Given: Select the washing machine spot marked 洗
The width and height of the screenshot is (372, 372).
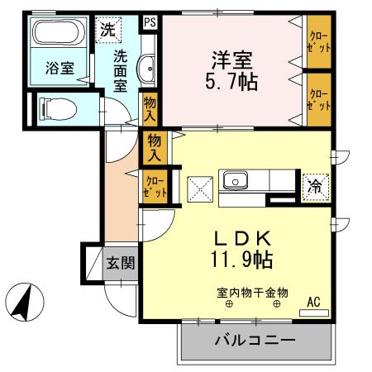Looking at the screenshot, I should click(x=109, y=29).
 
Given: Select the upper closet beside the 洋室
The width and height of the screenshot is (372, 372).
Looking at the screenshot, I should click(x=317, y=41).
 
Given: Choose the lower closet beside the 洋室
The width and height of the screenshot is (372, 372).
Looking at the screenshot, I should click(x=317, y=100).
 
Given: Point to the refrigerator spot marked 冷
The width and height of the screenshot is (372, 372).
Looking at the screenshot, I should click(x=314, y=186).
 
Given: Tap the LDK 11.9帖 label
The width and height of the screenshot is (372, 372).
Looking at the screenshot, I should click(x=241, y=248).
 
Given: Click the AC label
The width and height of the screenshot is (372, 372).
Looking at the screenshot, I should click(x=313, y=302).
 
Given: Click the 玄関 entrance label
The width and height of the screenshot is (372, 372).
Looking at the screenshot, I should click(x=121, y=264).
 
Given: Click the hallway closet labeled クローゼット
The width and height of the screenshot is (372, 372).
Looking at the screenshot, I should click(x=154, y=186).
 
